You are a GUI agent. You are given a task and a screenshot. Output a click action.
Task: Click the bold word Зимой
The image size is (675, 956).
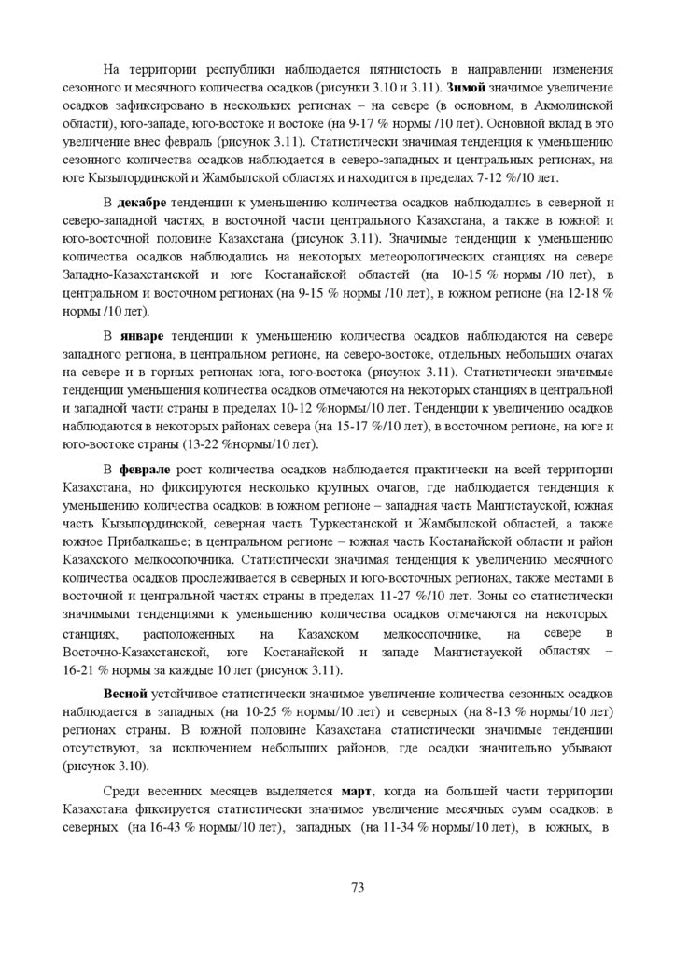pyautogui.click(x=481, y=87)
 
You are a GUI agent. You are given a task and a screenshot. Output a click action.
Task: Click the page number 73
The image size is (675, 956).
pyautogui.click(x=358, y=887)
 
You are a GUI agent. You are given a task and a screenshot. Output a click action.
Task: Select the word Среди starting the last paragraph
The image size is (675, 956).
pyautogui.click(x=123, y=792)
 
